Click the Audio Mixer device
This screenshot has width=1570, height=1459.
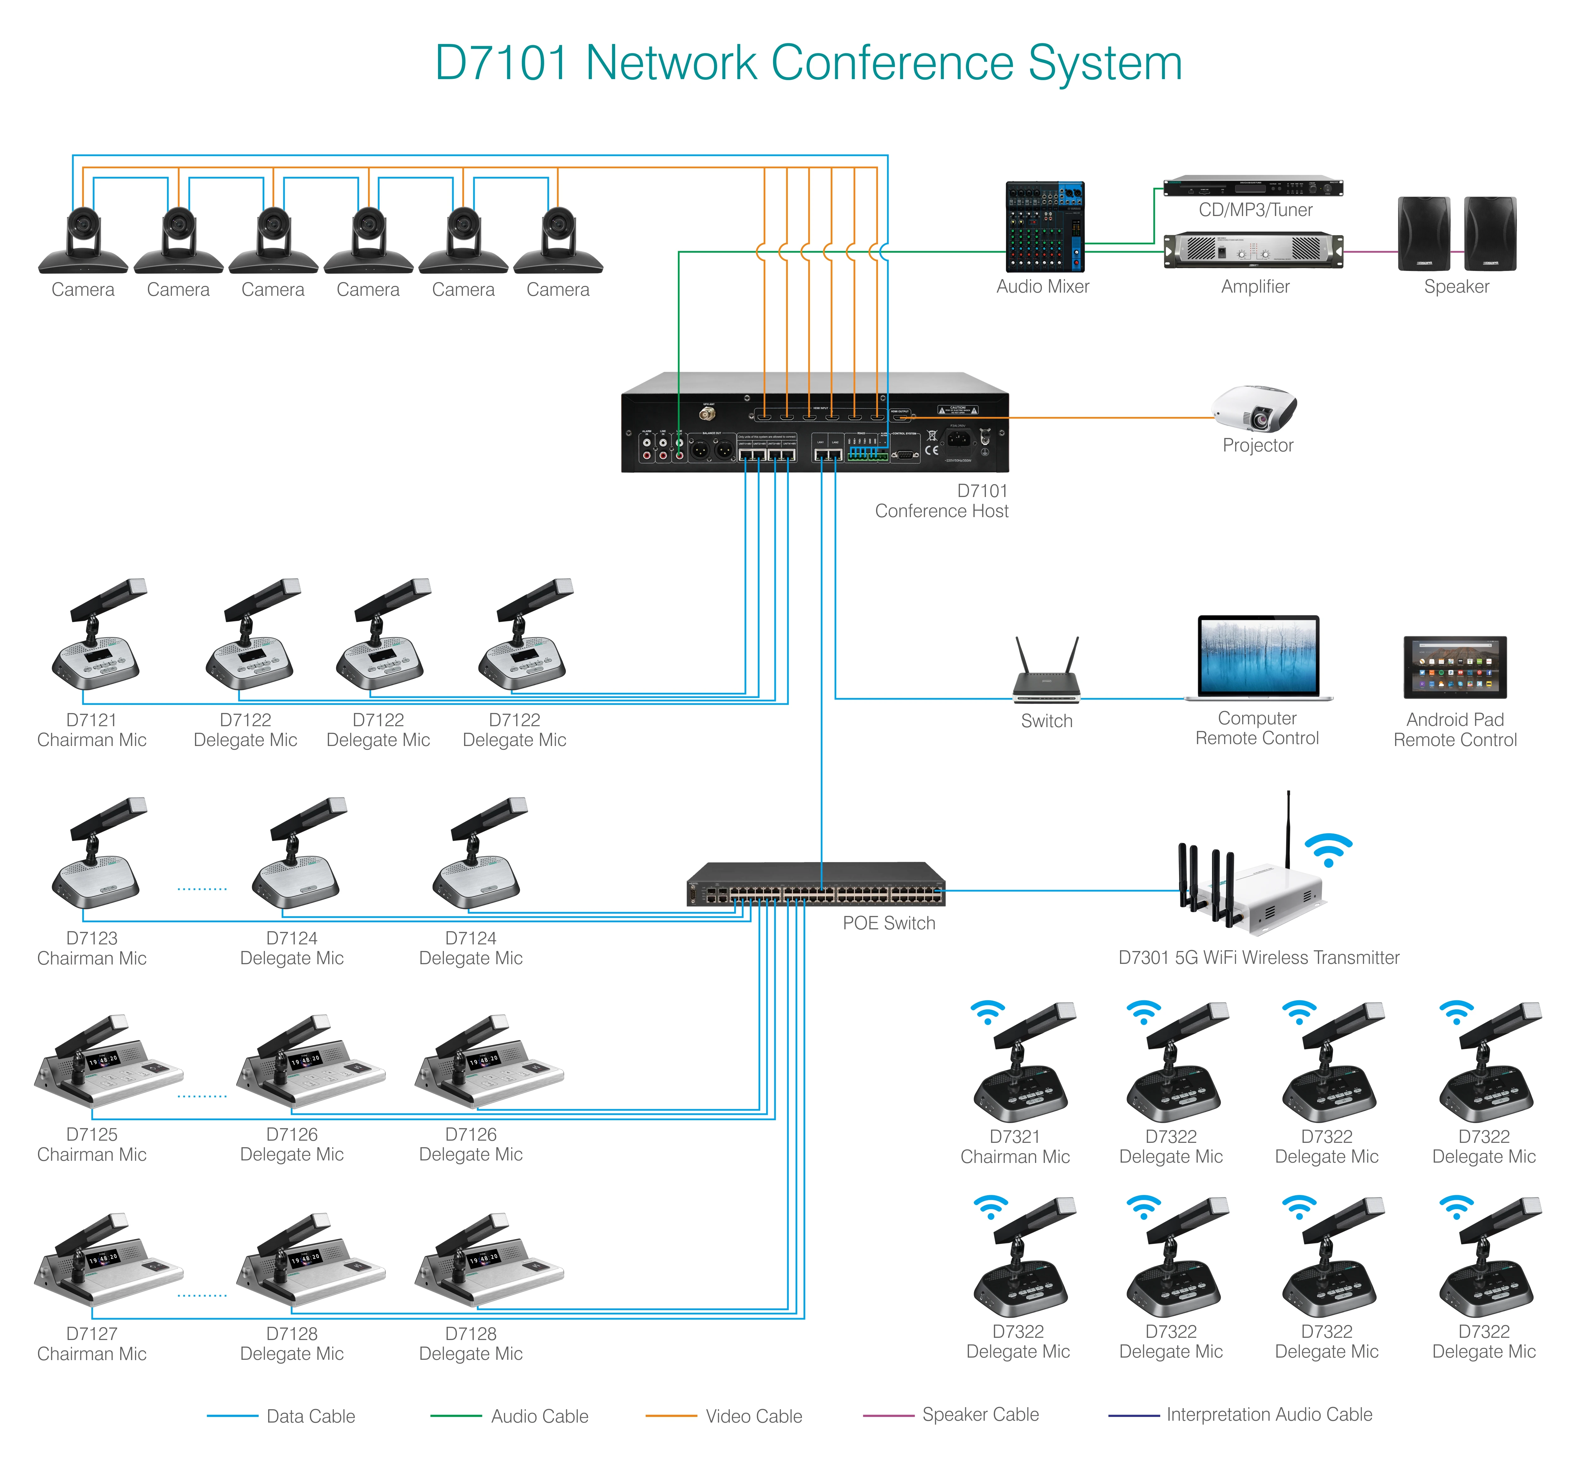(x=1044, y=227)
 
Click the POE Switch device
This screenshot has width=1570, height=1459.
(x=816, y=885)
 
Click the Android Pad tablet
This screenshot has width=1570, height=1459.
(x=1455, y=667)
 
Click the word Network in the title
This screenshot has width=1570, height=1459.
(x=671, y=63)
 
